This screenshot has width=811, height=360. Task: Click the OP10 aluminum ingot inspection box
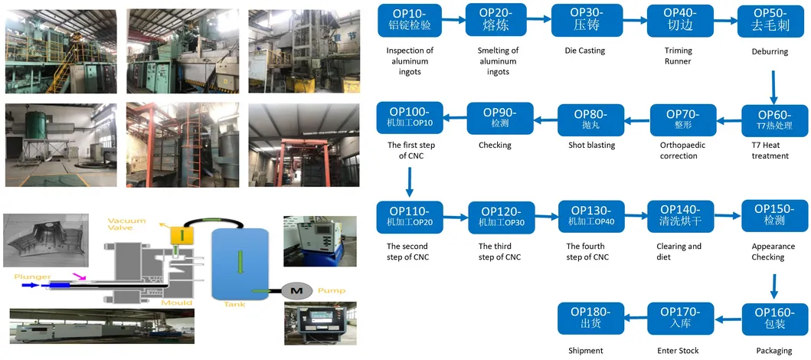(x=410, y=20)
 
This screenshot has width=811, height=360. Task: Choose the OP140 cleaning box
(x=679, y=217)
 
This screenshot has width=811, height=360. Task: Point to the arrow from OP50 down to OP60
(x=773, y=87)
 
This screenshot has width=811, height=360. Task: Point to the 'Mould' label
(x=176, y=303)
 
